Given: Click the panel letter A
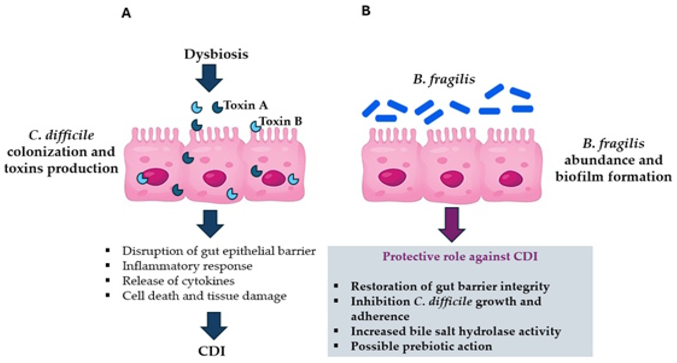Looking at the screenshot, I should tap(126, 13).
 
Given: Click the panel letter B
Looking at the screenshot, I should tap(366, 11).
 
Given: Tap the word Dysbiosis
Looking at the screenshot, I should tap(216, 54).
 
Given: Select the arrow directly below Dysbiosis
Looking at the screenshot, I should tap(209, 77).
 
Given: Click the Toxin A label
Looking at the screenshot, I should tap(246, 105).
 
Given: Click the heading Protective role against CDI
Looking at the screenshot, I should tap(460, 256).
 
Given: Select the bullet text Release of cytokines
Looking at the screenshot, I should tap(178, 281).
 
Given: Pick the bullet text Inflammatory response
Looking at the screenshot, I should tap(187, 266).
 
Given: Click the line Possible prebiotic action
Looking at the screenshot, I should tap(421, 346).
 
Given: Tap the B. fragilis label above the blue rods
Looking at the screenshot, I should tap(444, 79).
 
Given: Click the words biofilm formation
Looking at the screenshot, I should tap(613, 176).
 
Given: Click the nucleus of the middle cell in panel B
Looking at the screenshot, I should tap(452, 178).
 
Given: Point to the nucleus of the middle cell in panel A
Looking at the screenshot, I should tap(214, 178).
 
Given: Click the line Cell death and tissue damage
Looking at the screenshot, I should tap(204, 296).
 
